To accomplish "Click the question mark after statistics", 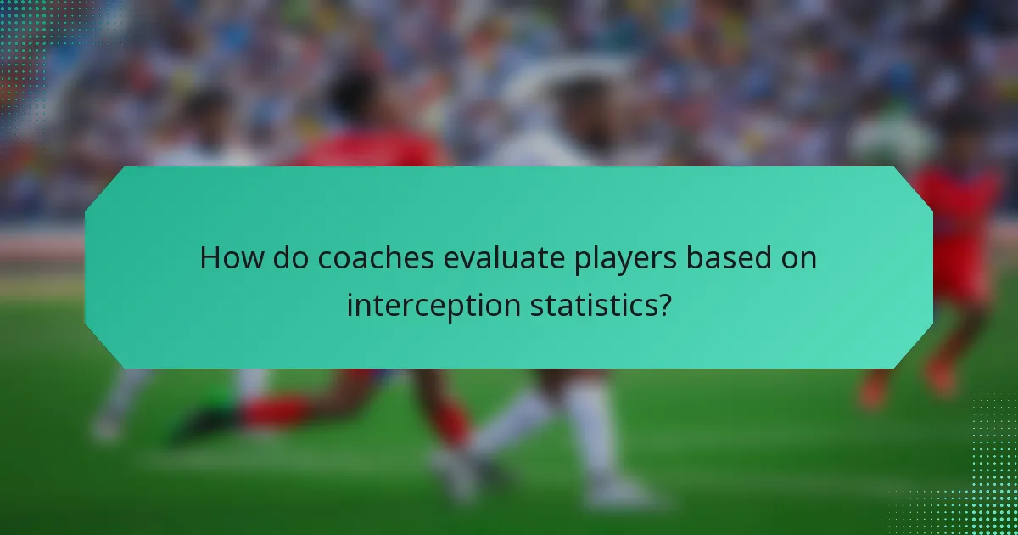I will [664, 306].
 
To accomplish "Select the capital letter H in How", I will [210, 258].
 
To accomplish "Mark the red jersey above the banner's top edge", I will [373, 151].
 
